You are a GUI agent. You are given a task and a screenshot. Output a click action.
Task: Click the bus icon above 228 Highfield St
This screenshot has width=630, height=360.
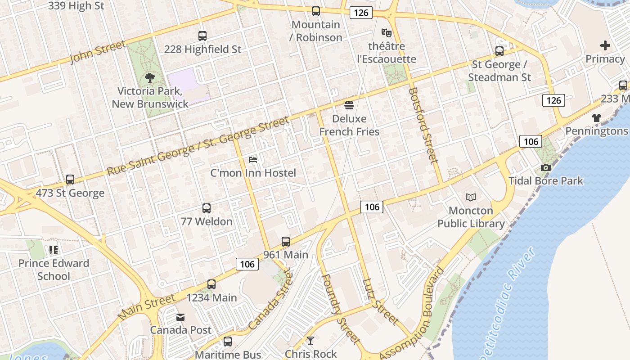[202, 36]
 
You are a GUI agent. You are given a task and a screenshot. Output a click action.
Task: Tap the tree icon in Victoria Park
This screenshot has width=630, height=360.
[150, 78]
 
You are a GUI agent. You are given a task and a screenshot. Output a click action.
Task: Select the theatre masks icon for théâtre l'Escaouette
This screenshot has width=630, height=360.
[386, 33]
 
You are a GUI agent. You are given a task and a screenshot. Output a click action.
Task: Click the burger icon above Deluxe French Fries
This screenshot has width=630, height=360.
[349, 106]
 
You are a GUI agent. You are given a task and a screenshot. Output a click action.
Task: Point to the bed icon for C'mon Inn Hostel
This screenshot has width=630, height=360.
[253, 160]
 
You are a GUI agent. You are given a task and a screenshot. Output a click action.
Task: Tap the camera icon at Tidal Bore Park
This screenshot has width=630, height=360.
[546, 167]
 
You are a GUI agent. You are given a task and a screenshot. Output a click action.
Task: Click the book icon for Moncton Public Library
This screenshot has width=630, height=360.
[471, 197]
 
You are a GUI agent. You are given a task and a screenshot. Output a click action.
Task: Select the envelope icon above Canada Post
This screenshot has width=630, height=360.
[180, 317]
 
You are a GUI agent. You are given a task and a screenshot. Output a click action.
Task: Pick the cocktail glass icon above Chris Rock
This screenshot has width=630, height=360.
[310, 341]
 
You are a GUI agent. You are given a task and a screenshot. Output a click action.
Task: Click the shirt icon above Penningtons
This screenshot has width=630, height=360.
[597, 118]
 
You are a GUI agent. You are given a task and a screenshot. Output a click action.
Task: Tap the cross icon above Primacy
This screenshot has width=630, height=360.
[605, 45]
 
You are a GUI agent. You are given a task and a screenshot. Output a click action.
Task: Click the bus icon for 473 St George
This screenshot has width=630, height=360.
[70, 180]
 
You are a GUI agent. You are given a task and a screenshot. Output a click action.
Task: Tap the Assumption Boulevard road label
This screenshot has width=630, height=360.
[412, 315]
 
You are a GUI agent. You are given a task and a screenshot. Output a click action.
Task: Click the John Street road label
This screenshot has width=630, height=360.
[98, 52]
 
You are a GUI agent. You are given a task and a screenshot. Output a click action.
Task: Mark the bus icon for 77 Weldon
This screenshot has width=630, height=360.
[207, 208]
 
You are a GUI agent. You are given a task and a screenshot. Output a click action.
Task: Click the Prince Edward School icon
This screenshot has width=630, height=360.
[54, 250]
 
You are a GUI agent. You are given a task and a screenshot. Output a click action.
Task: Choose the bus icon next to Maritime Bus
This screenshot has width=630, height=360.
[228, 342]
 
